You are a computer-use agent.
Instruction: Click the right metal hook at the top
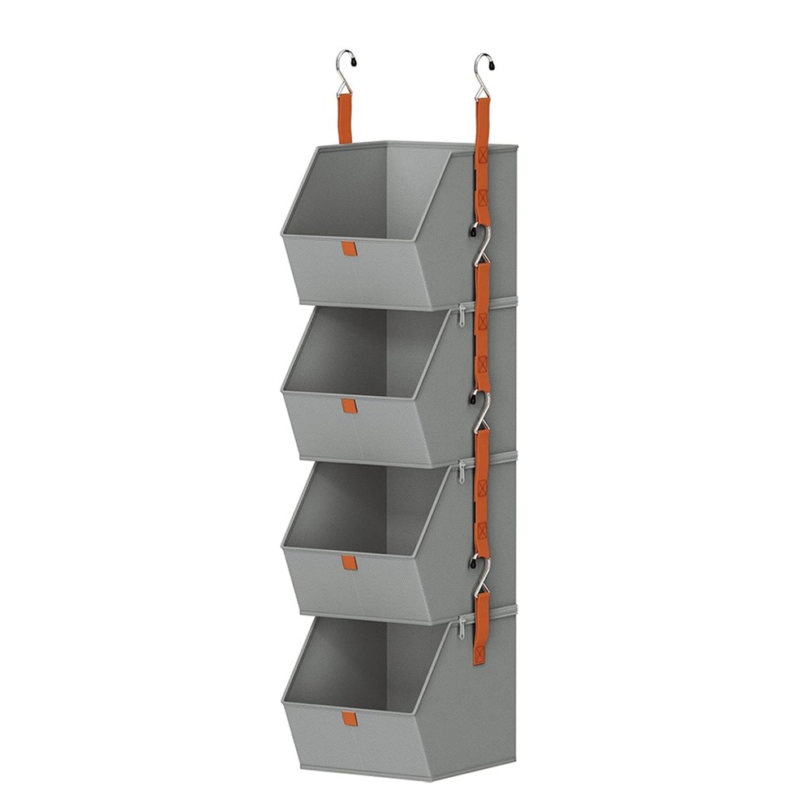[x=483, y=71]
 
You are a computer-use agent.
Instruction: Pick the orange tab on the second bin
[x=349, y=406]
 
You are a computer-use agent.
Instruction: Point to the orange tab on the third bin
[x=349, y=563]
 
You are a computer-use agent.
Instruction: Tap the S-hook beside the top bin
[x=482, y=240]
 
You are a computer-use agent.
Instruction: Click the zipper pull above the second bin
[x=461, y=315]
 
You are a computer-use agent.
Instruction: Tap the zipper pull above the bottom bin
[x=461, y=626]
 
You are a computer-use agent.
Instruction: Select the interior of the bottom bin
[x=365, y=665]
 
